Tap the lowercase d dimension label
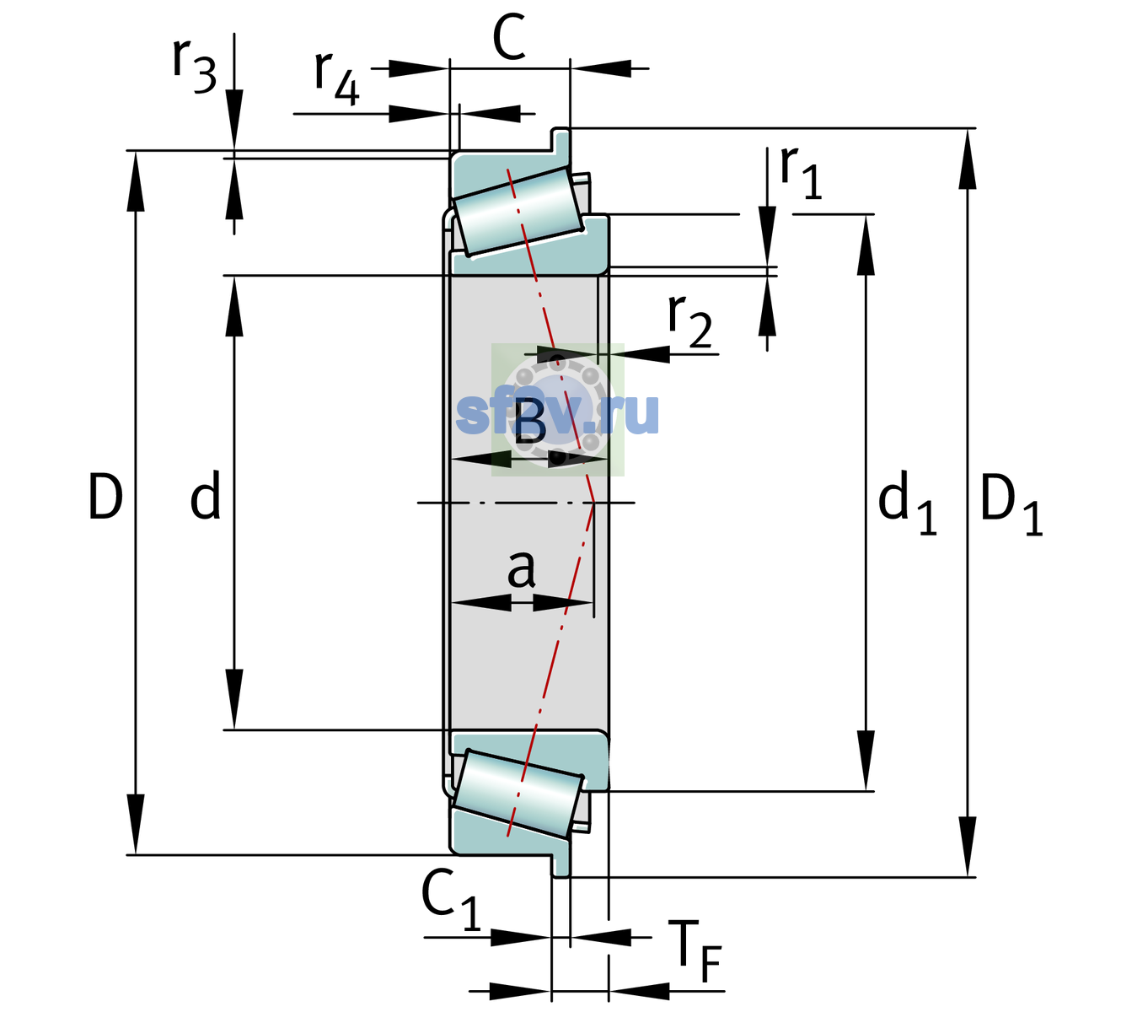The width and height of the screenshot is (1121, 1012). pyautogui.click(x=206, y=494)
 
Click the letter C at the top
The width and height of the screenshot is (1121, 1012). pyautogui.click(x=509, y=37)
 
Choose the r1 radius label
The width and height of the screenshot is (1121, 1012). pyautogui.click(x=801, y=172)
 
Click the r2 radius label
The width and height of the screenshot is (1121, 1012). pyautogui.click(x=689, y=320)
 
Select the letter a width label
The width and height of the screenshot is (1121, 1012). pyautogui.click(x=521, y=569)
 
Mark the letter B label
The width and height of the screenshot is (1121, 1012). pyautogui.click(x=529, y=422)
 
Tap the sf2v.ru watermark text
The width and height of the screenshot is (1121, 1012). pyautogui.click(x=557, y=413)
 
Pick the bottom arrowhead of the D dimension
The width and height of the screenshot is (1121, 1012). pyautogui.click(x=135, y=824)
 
